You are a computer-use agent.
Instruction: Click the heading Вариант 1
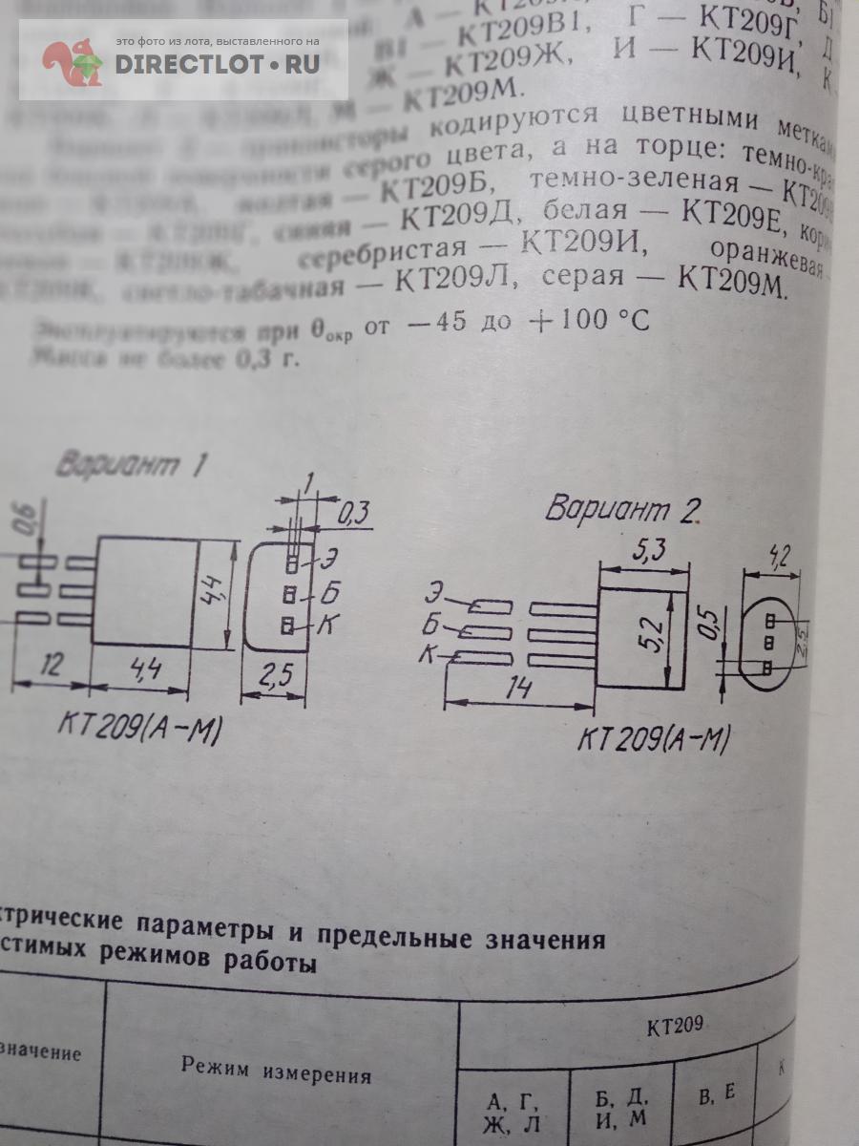coord(132,465)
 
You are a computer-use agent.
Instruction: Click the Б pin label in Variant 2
coord(431,627)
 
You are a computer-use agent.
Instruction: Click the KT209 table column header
coord(675,1027)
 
